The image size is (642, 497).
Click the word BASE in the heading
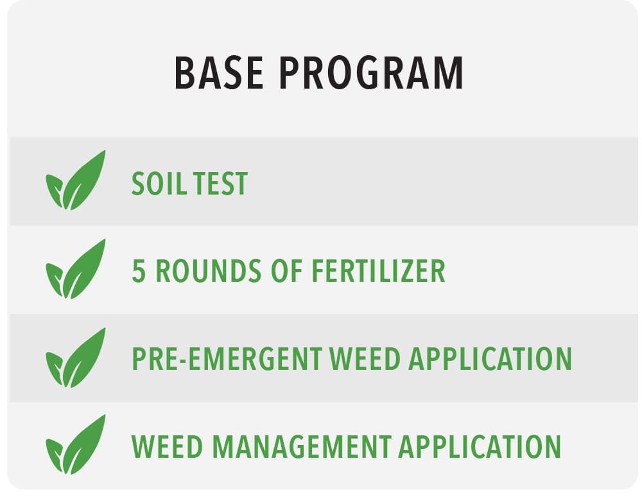pos(219,73)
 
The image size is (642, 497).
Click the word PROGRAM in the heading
pos(371,73)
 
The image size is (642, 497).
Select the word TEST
pos(220,184)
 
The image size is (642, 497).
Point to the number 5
pos(139,270)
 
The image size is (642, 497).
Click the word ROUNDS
pos(209,270)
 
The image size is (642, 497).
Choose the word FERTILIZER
pos(378,270)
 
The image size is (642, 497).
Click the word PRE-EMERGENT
pos(227,359)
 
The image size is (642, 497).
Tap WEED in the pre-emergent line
pos(365,359)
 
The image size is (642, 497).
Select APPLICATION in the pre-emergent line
pos(490,359)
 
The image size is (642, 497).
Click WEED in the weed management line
pos(167,447)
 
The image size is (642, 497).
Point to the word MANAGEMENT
pos(302,447)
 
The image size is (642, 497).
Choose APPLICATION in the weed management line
pos(480,447)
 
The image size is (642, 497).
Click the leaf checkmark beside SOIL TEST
pos(76,180)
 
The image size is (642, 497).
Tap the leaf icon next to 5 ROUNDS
pos(76,270)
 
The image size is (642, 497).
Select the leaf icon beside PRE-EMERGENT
pos(76,358)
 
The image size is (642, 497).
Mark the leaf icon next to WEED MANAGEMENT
pos(76,445)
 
